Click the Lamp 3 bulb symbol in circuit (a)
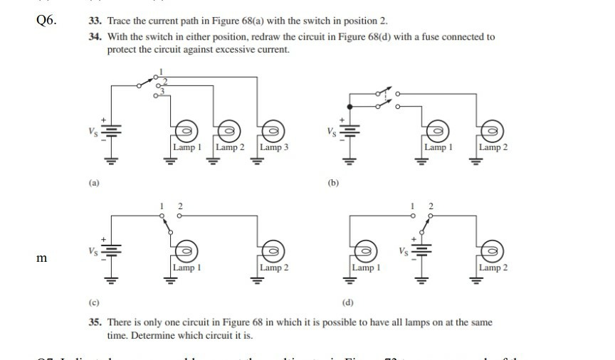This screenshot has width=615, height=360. tap(271, 130)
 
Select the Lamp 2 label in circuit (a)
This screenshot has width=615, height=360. tap(230, 147)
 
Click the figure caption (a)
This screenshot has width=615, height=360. tap(94, 183)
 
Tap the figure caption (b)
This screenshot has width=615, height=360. tap(334, 183)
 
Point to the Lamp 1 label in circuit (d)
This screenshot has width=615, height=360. tap(366, 268)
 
